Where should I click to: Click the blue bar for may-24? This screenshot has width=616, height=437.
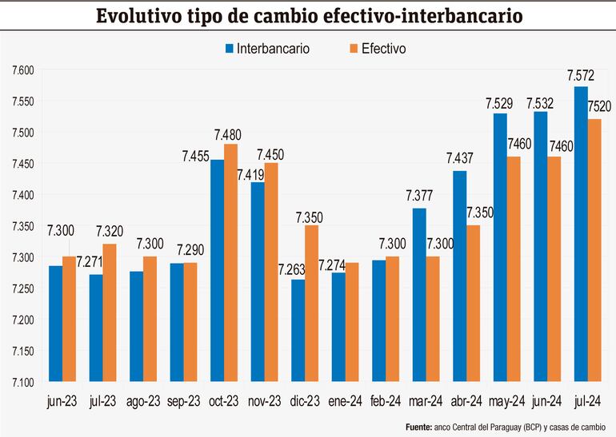tap(500, 247)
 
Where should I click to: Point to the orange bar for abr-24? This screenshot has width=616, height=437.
tap(474, 303)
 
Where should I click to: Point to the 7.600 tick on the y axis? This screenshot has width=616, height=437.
tap(22, 70)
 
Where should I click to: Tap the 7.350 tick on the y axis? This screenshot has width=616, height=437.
tap(22, 226)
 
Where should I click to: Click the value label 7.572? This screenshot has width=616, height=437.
tap(580, 77)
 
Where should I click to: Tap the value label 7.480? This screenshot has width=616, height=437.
tap(227, 134)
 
